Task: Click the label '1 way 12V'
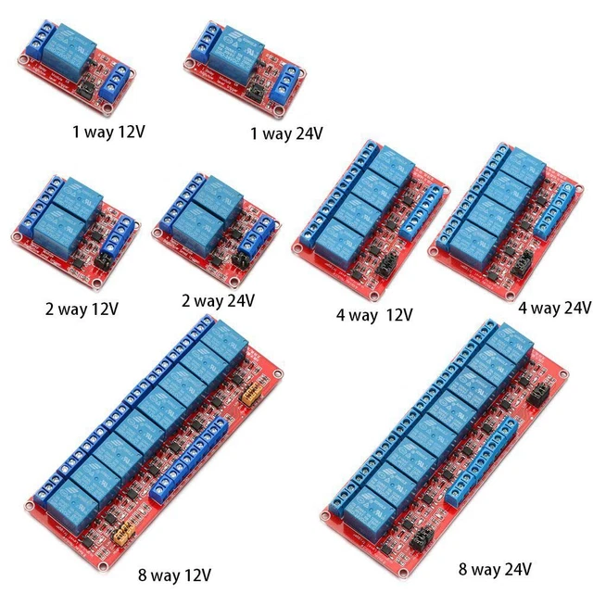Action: click(x=108, y=131)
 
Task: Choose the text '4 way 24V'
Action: click(x=554, y=308)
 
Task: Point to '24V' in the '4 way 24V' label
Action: click(x=574, y=308)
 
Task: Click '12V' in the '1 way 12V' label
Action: click(x=132, y=131)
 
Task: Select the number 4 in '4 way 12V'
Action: click(x=340, y=316)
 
